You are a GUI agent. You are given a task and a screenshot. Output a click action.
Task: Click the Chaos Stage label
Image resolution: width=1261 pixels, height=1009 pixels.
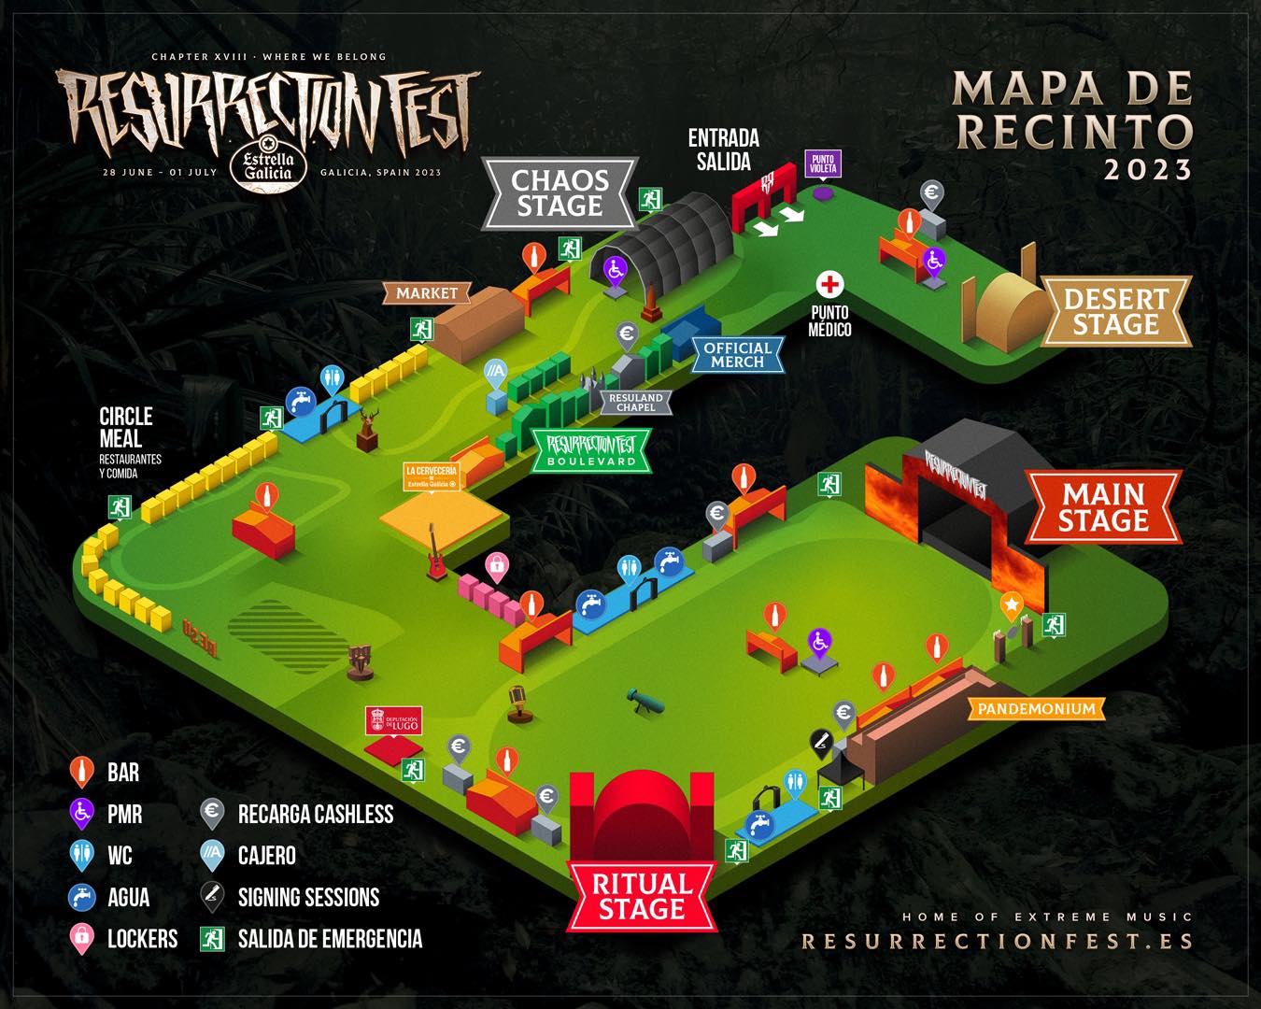[560, 193]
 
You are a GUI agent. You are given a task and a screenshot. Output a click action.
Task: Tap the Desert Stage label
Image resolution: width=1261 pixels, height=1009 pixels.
[1115, 311]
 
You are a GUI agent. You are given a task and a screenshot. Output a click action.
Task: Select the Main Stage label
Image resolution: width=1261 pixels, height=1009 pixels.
[1103, 506]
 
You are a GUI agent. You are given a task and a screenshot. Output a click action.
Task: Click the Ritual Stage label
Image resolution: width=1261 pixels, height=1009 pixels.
[642, 896]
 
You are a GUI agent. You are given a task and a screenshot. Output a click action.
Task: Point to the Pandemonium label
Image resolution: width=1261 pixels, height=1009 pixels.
[1036, 709]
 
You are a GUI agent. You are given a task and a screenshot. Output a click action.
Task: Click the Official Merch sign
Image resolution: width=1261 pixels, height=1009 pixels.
[737, 354]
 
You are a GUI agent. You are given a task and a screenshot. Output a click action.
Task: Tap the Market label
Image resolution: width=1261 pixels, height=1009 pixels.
[427, 293]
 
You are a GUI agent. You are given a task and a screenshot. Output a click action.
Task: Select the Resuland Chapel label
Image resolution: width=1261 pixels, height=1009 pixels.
[635, 403]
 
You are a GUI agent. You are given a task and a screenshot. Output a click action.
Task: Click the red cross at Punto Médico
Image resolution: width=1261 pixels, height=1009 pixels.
[829, 285]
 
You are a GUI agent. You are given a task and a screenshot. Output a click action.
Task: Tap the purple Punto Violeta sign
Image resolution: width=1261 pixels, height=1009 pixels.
[823, 164]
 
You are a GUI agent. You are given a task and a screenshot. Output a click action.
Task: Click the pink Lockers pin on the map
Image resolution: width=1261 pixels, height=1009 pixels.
[497, 565]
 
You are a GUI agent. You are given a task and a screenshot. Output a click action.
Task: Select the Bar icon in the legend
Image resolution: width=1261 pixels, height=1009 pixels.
[82, 772]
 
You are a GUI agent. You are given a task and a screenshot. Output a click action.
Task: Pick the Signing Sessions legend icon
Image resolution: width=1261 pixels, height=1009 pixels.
[213, 897]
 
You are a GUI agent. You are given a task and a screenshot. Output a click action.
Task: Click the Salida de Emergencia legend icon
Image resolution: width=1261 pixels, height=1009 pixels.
[213, 939]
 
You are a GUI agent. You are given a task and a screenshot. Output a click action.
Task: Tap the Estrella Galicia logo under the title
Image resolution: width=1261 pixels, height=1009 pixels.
[268, 164]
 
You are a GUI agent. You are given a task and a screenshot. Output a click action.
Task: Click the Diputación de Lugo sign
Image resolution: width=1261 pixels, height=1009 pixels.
[393, 720]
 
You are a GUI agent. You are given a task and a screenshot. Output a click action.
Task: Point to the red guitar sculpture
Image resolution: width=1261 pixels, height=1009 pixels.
[435, 555]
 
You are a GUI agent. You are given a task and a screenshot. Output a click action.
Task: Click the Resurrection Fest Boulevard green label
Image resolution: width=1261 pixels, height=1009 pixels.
[591, 451]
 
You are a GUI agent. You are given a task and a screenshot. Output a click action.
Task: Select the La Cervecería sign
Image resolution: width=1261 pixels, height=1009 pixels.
[431, 476]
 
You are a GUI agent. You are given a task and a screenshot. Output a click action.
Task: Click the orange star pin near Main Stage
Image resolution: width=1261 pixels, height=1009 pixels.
[1011, 604]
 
